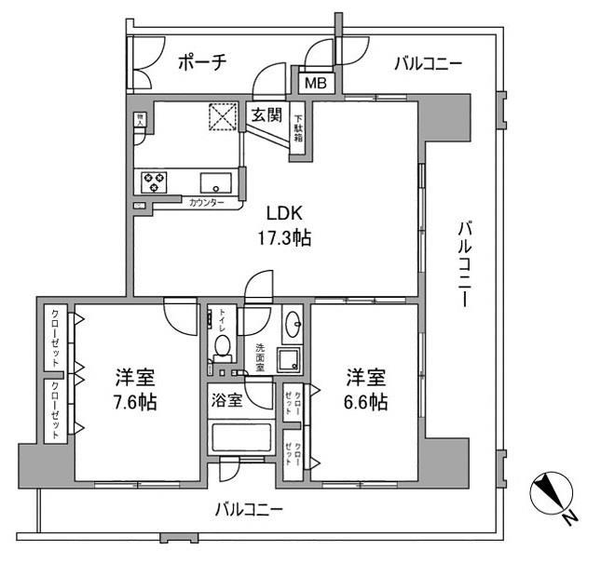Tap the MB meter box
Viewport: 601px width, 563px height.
coord(315,83)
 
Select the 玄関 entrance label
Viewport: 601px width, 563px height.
coord(266,115)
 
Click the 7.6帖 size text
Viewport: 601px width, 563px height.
coord(135,403)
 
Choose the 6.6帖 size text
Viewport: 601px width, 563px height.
coord(366,403)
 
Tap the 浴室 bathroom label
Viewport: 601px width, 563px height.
coord(226,400)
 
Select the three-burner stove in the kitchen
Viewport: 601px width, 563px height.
coord(155,181)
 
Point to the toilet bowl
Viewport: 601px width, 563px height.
coord(222,346)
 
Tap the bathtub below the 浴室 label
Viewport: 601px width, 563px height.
coord(241,439)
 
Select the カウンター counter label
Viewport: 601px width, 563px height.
coord(206,203)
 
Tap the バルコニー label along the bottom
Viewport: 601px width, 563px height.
coord(248,510)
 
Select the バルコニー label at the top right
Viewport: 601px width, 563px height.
coord(428,63)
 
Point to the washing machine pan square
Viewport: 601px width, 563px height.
coord(291,358)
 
